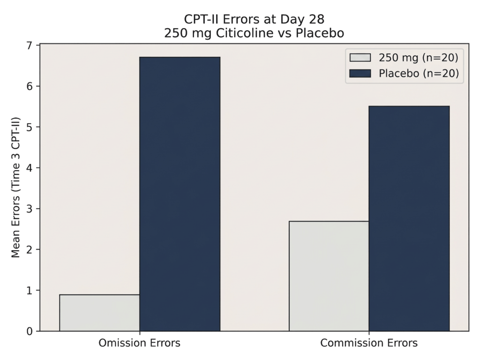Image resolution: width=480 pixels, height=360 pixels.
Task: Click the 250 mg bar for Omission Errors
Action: (x=99, y=313)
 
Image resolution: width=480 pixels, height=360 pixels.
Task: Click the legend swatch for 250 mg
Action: (x=360, y=58)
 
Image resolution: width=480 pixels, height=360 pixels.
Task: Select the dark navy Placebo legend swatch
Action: (x=360, y=74)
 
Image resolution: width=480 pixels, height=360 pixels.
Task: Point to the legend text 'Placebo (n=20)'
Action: (x=418, y=74)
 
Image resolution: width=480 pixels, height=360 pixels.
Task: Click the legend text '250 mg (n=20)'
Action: (x=418, y=58)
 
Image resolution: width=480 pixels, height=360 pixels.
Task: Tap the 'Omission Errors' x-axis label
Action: (x=139, y=343)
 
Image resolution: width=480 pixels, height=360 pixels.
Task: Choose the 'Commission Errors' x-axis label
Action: (x=369, y=343)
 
